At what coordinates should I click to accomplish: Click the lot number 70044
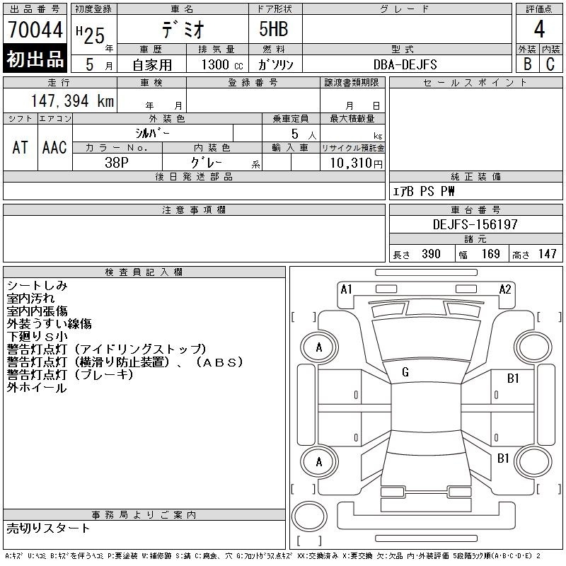click(35, 30)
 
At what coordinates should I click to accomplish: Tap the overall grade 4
click(539, 29)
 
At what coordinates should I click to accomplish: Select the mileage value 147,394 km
click(72, 100)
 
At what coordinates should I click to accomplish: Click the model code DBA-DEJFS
click(405, 64)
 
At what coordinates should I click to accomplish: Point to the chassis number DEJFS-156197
click(475, 224)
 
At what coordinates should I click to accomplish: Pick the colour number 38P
click(117, 163)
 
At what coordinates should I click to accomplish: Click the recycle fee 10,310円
click(356, 163)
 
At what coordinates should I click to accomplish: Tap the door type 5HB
click(274, 29)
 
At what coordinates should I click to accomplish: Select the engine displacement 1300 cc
click(222, 64)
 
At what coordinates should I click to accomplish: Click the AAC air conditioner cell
click(54, 147)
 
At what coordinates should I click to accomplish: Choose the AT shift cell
click(21, 147)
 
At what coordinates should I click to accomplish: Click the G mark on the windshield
click(405, 372)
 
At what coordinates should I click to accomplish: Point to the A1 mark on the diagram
click(346, 289)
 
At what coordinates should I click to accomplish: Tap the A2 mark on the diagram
click(505, 289)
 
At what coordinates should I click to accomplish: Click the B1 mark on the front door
click(513, 379)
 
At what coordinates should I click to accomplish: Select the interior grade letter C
click(550, 64)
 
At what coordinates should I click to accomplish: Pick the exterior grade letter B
click(527, 64)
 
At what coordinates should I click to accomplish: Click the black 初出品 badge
click(35, 59)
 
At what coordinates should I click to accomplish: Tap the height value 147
click(547, 254)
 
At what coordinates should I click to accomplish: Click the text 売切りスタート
click(48, 528)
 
